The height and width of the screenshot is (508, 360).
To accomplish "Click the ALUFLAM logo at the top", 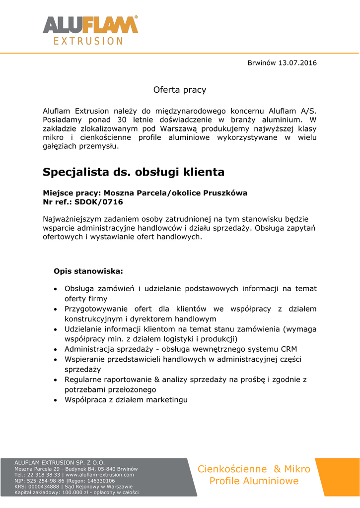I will point(90,24).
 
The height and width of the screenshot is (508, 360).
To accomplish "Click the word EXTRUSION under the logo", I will point(88,41).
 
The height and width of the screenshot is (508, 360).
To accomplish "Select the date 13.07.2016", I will point(297,63).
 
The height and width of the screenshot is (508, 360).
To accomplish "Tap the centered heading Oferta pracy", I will point(180,90).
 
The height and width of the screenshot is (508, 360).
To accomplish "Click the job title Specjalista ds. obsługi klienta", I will point(134,172).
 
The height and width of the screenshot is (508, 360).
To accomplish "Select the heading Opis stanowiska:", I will point(88,271).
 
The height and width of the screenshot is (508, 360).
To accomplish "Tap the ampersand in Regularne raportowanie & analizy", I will point(161,380).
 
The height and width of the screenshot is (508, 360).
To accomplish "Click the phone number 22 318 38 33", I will point(42,475).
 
